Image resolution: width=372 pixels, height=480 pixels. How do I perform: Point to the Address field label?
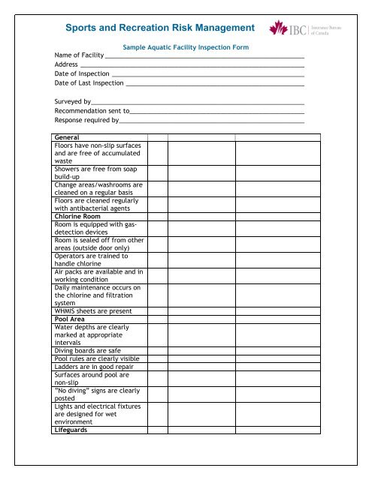(x=67, y=65)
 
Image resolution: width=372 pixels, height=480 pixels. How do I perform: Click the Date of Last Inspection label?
(x=89, y=84)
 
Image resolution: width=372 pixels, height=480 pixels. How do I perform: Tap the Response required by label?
(x=86, y=120)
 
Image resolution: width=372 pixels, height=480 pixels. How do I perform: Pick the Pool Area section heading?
(x=71, y=319)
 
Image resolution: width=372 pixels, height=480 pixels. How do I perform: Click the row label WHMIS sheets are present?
(x=93, y=311)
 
